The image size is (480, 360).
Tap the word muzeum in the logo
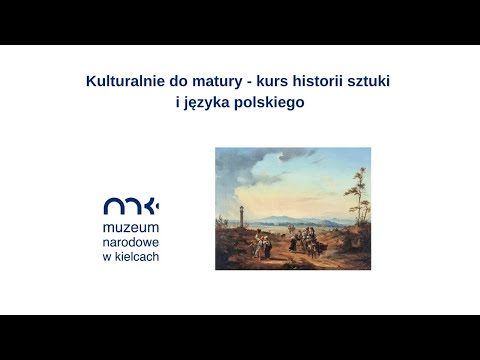131,229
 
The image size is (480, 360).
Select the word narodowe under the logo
131,243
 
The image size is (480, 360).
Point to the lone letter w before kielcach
107,257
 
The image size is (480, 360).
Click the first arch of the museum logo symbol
113,207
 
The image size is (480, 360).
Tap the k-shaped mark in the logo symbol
153,206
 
